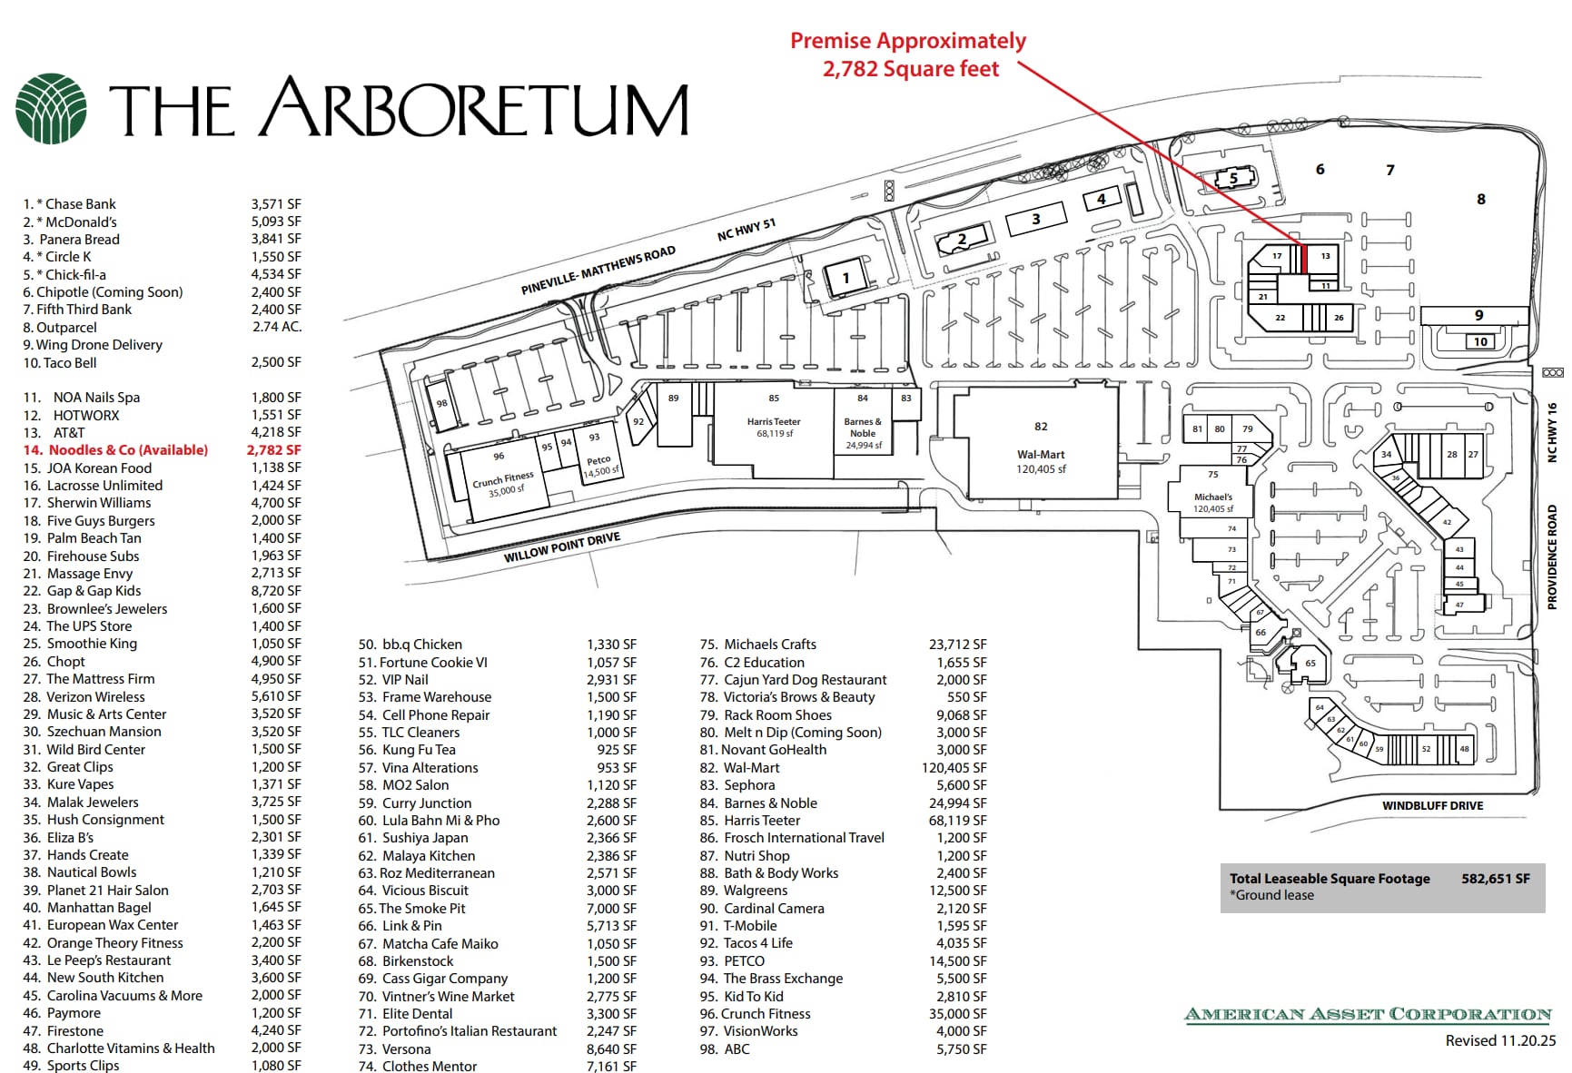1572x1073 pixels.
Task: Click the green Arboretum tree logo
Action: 51,109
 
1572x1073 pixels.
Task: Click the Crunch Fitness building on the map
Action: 502,480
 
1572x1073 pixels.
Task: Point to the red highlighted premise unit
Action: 1304,260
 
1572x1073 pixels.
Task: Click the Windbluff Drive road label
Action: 1432,805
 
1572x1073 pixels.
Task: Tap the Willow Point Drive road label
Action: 562,547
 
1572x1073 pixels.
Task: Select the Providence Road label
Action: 1552,556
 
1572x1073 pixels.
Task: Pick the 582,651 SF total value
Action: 1495,878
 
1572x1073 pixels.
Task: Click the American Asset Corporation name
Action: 1368,1015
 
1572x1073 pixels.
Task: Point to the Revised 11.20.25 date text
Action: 1500,1041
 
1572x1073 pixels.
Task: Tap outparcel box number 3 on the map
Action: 1035,220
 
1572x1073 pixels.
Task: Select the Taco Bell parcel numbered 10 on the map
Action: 1480,342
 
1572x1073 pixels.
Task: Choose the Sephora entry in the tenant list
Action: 749,785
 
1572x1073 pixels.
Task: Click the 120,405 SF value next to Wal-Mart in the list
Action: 954,768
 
